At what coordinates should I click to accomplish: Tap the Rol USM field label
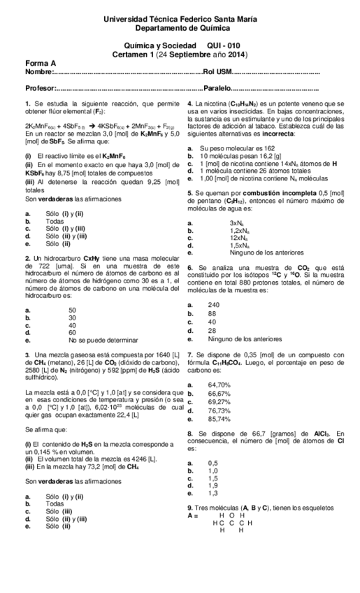click(x=218, y=72)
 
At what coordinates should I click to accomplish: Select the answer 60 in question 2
click(x=72, y=333)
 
